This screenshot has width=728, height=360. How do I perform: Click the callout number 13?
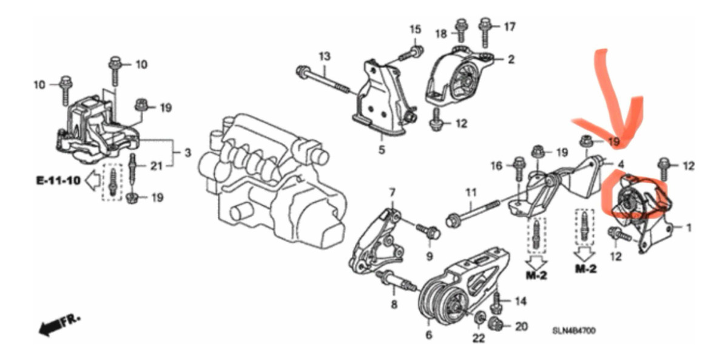coord(325,56)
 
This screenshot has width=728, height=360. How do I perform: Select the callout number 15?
coord(415,30)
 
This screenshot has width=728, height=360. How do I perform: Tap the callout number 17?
coord(509,27)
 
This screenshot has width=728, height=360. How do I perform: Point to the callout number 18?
coord(441,34)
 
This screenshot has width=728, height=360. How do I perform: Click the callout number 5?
coord(382,150)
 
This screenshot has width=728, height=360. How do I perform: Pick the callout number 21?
coord(156,166)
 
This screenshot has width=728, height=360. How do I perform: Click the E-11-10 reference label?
coord(58,180)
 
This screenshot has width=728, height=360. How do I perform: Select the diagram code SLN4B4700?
coord(575,331)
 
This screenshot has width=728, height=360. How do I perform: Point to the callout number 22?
coord(478,339)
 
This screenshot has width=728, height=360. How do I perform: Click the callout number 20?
coord(521,327)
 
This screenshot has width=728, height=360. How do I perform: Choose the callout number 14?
coord(521,302)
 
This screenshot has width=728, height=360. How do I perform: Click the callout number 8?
coord(394,305)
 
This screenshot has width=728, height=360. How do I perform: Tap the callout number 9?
coord(430,257)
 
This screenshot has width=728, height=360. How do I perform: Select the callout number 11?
coord(471,193)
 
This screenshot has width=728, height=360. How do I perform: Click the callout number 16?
coord(497,166)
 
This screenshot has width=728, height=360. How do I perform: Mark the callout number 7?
coord(393,193)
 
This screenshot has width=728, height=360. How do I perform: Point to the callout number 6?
coord(429,335)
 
